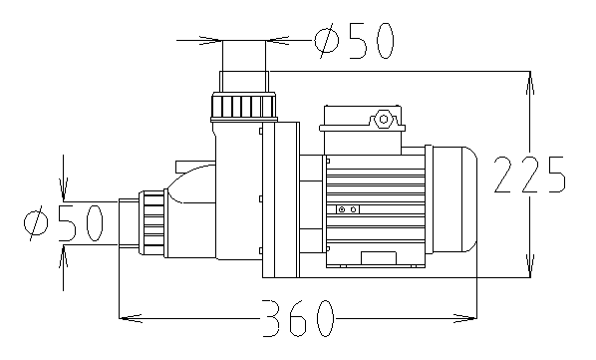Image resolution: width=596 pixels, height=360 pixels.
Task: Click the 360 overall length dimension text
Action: pos(298,318)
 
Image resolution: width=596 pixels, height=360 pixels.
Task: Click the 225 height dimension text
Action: pos(529,175)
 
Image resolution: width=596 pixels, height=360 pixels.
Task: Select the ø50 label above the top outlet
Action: pos(354,40)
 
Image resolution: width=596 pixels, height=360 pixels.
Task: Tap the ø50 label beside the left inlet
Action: pos(63,222)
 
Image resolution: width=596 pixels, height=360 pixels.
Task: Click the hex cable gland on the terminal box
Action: pos(383,120)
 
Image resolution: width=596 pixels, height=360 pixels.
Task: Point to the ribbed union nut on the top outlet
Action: pos(244,107)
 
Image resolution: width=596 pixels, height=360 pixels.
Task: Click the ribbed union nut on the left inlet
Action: pos(153,223)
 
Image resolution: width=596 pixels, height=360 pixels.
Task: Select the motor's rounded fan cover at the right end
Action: pos(455,199)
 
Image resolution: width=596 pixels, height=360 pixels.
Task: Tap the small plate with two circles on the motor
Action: pos(348,209)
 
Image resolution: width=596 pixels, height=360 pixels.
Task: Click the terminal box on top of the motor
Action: pos(363,130)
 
